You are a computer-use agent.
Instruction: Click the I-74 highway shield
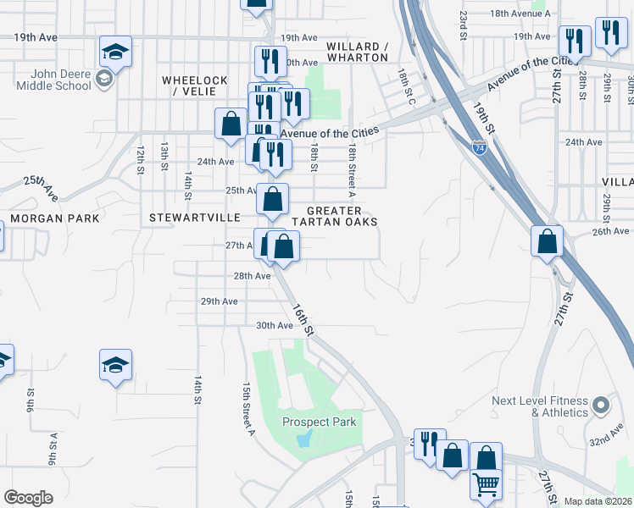(479, 146)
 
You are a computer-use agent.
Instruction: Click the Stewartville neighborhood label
(184, 218)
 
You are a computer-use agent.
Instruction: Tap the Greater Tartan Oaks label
(333, 216)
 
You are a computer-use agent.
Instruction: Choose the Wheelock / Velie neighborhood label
(195, 86)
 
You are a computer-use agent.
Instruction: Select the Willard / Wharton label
(357, 52)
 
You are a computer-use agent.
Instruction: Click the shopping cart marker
(486, 484)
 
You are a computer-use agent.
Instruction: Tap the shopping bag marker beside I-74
(548, 241)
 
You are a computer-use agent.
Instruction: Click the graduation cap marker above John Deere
(115, 52)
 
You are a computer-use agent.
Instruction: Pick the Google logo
(28, 498)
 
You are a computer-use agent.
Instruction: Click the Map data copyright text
(598, 501)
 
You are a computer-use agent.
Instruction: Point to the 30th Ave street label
(273, 326)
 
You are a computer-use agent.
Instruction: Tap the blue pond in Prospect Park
(305, 439)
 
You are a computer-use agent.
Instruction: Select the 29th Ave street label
(219, 301)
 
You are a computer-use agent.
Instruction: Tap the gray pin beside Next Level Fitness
(601, 406)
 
